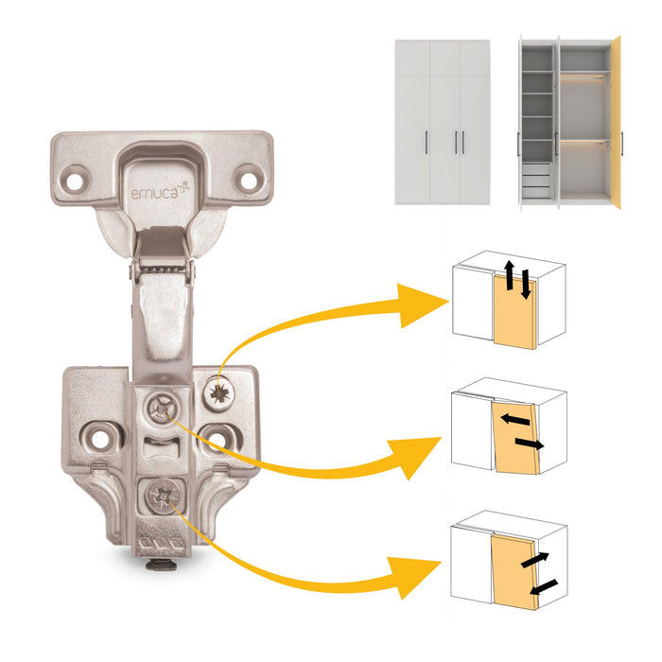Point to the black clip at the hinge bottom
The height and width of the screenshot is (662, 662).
161,566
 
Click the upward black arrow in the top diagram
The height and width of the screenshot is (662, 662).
509,275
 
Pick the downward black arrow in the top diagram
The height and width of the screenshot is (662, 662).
524,285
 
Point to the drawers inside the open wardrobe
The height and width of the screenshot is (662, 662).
535,180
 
